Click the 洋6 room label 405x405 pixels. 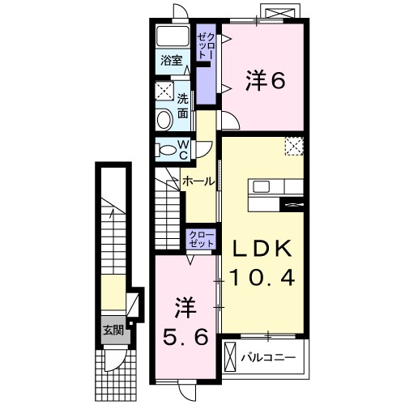pyautogui.click(x=263, y=80)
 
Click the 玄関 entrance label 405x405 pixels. pyautogui.click(x=113, y=330)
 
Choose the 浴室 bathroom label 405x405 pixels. pyautogui.click(x=170, y=60)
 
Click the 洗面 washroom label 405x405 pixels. pyautogui.click(x=184, y=105)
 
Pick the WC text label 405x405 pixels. pyautogui.click(x=183, y=149)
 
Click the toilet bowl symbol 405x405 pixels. pyautogui.click(x=167, y=149)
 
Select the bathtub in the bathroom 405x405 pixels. pyautogui.click(x=172, y=36)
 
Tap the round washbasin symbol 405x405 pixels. pyautogui.click(x=164, y=120)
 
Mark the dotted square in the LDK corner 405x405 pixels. pyautogui.click(x=294, y=146)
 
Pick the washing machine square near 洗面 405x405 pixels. pyautogui.click(x=164, y=90)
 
